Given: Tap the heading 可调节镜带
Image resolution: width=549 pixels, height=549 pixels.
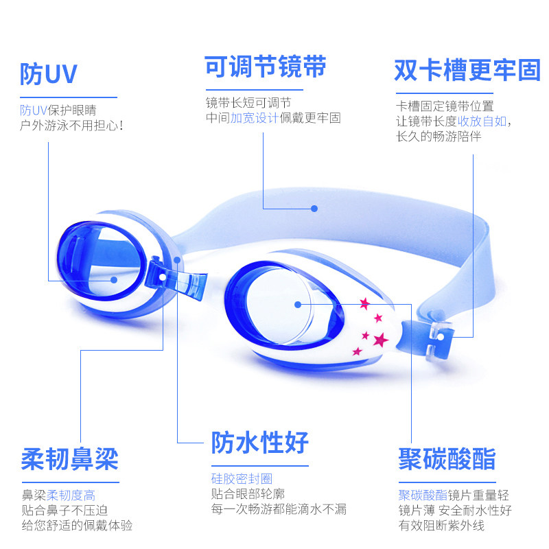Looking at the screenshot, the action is tap(265, 67).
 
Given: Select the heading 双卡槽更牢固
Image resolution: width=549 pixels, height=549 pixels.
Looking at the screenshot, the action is tap(467, 70).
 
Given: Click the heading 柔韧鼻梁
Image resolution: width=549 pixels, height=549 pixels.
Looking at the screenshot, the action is tap(69, 458).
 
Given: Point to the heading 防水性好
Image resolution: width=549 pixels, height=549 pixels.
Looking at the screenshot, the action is tap(259, 443).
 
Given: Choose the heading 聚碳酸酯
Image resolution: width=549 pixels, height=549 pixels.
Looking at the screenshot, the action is tap(447, 458).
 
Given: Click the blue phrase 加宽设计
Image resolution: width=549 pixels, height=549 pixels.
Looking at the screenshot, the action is tap(253, 118).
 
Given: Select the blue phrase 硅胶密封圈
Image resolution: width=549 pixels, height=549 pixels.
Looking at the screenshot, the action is tap(242, 478).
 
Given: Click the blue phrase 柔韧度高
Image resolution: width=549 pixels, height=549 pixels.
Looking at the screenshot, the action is tap(75, 495).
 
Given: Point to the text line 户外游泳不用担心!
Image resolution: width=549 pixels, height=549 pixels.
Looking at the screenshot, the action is tap(71, 126).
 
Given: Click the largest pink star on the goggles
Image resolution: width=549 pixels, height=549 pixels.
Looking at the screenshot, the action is tap(379, 339).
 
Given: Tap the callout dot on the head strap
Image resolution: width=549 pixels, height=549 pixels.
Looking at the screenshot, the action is tap(314, 208).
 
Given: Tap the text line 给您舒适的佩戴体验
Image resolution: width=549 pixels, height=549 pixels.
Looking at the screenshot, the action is tap(77, 525).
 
